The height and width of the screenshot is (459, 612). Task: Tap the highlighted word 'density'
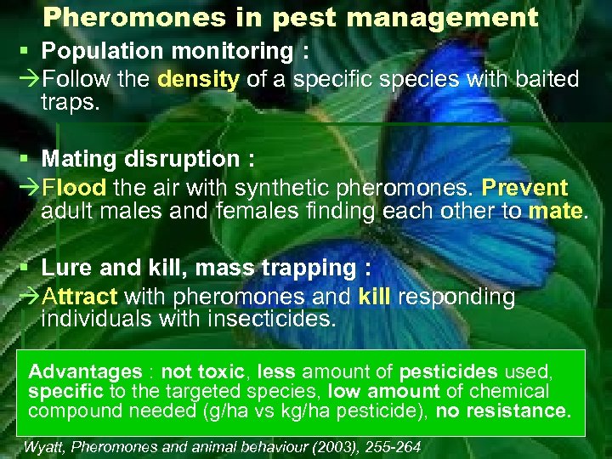click(199, 80)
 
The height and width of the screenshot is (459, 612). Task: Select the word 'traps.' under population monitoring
click(70, 103)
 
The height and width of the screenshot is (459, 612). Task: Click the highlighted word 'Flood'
click(74, 187)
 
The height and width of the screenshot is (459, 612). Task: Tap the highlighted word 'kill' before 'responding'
click(375, 297)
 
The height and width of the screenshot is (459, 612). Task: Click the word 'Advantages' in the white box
click(85, 371)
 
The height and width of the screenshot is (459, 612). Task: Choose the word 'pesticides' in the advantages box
click(449, 371)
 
